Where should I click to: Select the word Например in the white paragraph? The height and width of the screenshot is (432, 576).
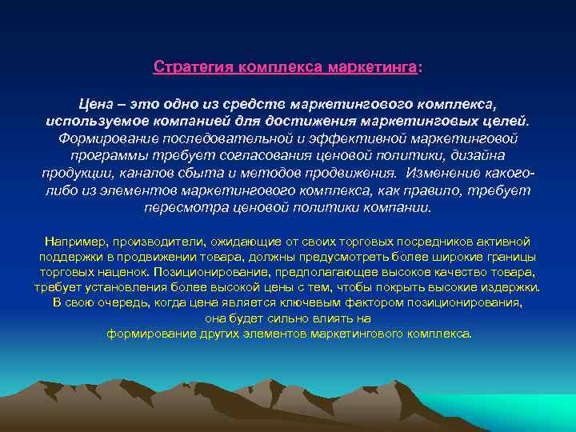pyautogui.click(x=76, y=241)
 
